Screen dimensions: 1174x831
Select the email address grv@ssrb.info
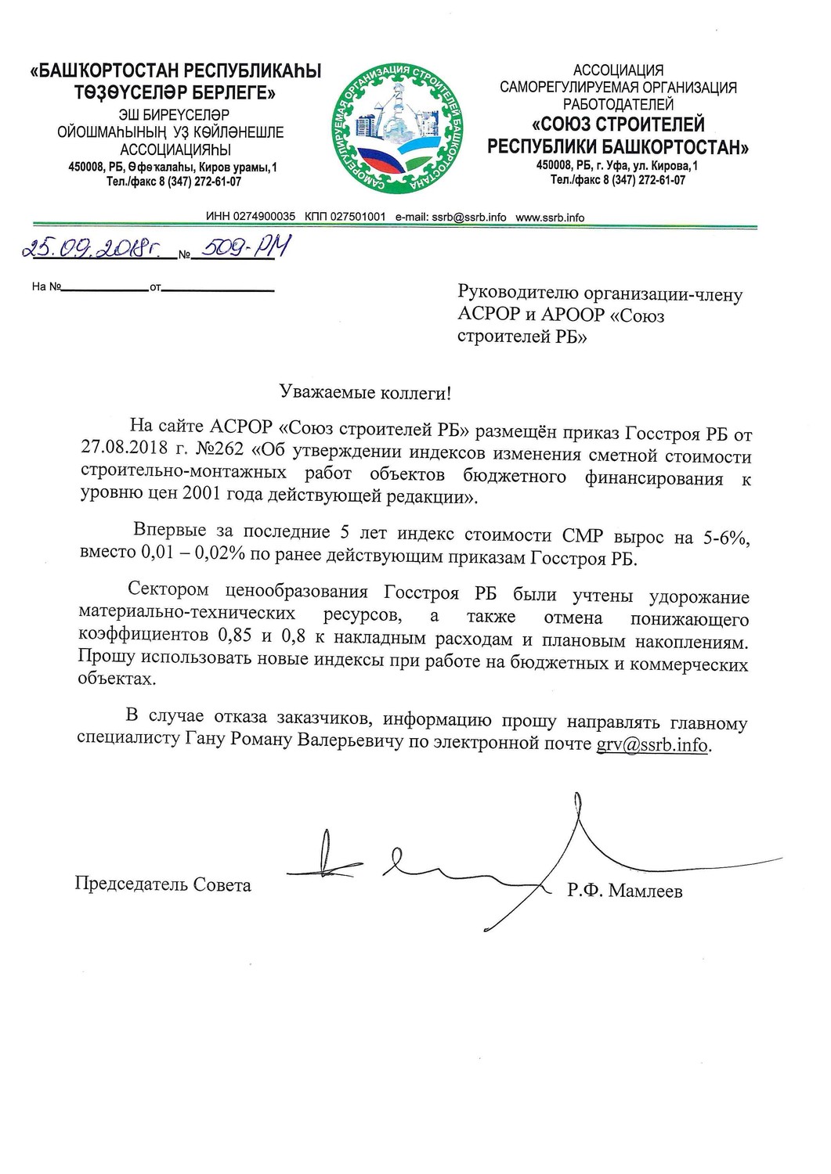tap(652, 744)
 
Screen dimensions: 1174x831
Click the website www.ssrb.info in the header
tap(550, 218)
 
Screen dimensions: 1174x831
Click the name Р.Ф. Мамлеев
tap(625, 891)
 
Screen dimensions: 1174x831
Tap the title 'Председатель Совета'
tap(163, 885)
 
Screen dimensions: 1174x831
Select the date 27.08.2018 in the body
tap(121, 453)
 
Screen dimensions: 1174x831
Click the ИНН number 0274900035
tap(262, 218)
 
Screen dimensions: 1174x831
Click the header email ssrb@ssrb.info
tap(469, 218)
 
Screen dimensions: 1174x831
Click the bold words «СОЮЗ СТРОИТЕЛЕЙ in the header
tap(619, 124)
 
